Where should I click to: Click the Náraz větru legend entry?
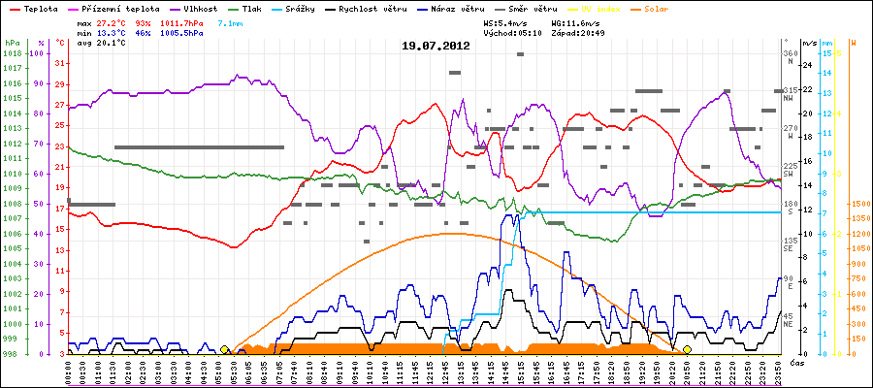pos(529,8)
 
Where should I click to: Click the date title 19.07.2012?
pos(436,46)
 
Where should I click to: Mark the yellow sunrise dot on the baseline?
pos(224,349)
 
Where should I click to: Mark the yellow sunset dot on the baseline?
pos(687,349)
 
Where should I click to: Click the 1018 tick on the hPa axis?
pos(13,53)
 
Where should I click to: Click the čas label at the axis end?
pos(797,363)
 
